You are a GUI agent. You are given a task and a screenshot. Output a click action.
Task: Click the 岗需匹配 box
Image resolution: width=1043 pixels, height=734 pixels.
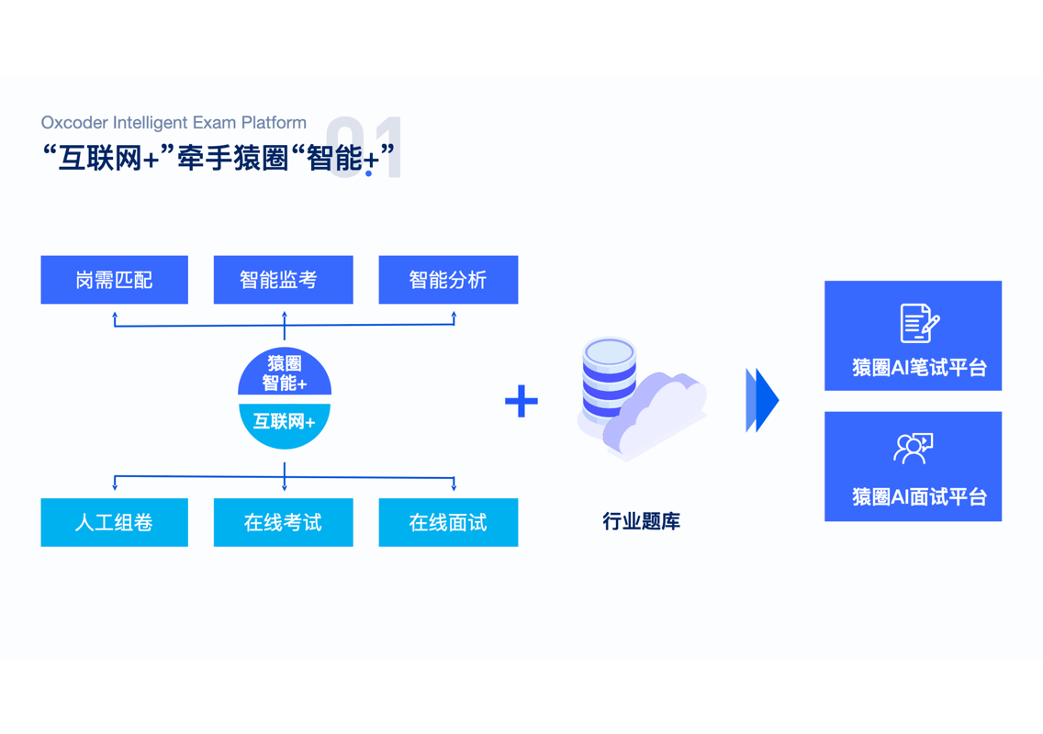pyautogui.click(x=114, y=280)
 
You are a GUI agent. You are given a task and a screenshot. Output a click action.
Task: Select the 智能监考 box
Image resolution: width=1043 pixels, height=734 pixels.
pyautogui.click(x=283, y=280)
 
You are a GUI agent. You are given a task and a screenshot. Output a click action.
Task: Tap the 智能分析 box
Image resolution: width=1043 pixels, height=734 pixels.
pyautogui.click(x=448, y=280)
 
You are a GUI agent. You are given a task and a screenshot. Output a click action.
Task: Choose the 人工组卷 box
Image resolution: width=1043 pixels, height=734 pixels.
pyautogui.click(x=114, y=522)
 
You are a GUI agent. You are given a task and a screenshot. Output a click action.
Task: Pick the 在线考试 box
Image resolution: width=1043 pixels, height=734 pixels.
pyautogui.click(x=283, y=522)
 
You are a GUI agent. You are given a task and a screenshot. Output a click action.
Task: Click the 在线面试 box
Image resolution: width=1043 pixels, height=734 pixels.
pyautogui.click(x=448, y=522)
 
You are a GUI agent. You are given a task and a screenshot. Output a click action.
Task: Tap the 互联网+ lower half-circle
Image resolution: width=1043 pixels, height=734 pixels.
pyautogui.click(x=285, y=423)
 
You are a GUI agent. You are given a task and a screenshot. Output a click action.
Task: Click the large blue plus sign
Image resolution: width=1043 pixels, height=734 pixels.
pyautogui.click(x=521, y=401)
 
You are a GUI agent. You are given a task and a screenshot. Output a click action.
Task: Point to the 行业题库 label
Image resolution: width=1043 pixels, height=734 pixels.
pyautogui.click(x=641, y=522)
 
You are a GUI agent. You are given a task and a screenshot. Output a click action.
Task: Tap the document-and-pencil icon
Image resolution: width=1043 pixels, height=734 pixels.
pyautogui.click(x=918, y=323)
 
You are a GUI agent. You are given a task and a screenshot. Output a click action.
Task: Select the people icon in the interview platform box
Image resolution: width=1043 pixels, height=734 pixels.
pyautogui.click(x=913, y=449)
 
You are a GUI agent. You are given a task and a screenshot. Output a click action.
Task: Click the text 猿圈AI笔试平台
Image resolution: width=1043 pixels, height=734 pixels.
pyautogui.click(x=919, y=368)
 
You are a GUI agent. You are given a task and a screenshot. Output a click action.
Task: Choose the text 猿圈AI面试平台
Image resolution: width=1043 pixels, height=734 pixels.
pyautogui.click(x=919, y=497)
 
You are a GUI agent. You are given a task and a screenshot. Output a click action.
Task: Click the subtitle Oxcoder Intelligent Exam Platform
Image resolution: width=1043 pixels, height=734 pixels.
pyautogui.click(x=174, y=123)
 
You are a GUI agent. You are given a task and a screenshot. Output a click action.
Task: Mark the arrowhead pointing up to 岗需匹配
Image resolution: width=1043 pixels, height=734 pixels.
pyautogui.click(x=115, y=316)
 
